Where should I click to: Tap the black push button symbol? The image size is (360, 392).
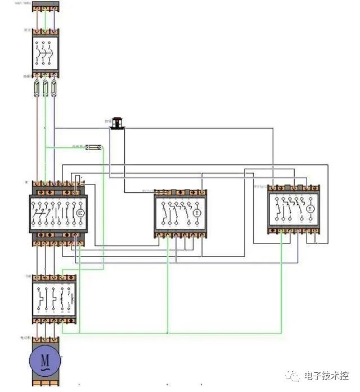click(x=118, y=123)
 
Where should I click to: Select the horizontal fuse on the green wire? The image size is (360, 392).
click(x=96, y=147)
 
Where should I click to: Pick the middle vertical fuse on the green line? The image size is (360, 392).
click(x=46, y=88)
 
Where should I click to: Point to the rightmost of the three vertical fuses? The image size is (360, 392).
click(x=54, y=88)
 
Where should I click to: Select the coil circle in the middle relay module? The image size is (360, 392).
click(x=197, y=213)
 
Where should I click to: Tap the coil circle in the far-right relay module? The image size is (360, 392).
click(x=310, y=209)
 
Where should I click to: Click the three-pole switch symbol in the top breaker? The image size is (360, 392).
click(x=46, y=54)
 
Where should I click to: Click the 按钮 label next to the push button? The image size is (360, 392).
click(x=107, y=121)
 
